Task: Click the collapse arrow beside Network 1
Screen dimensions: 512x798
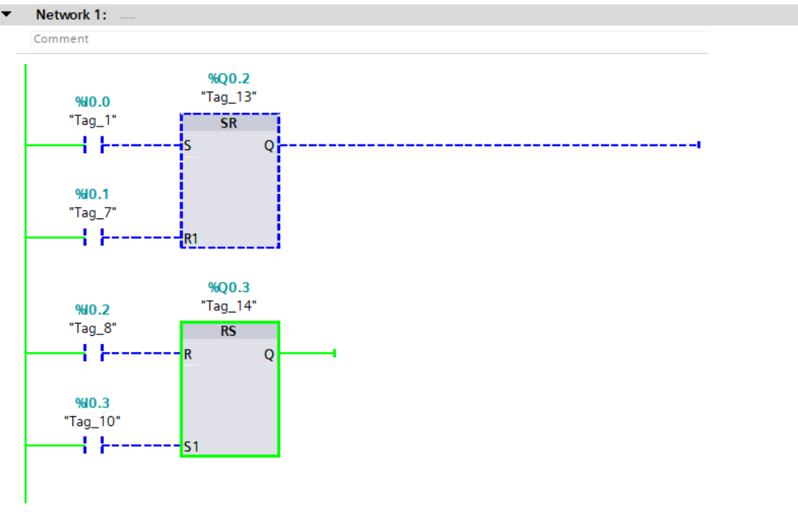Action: [x=7, y=15]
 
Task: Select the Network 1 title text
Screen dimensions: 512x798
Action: [x=71, y=15]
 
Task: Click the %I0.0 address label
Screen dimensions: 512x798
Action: [x=93, y=101]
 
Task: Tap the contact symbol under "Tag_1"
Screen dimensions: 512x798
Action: [x=93, y=146]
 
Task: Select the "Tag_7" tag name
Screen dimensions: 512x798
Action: [x=93, y=213]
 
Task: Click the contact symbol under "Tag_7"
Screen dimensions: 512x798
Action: [x=93, y=238]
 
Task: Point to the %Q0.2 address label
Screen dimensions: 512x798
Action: [x=229, y=79]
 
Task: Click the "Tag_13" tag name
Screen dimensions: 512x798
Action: [x=229, y=96]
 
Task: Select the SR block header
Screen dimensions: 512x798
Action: [x=229, y=123]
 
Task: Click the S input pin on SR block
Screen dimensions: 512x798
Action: [x=188, y=147]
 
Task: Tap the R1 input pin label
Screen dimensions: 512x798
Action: [x=191, y=239]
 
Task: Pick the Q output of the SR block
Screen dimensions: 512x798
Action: [x=270, y=146]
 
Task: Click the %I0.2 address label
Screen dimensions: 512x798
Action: [x=93, y=310]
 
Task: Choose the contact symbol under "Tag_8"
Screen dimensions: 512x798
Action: [x=93, y=354]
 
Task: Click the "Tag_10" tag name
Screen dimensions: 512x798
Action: [x=93, y=421]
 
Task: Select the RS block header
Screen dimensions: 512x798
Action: [x=229, y=332]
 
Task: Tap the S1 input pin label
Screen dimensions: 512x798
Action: [x=192, y=446]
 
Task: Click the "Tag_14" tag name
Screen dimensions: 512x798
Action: [x=229, y=305]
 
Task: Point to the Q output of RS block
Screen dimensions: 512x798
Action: [x=270, y=355]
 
